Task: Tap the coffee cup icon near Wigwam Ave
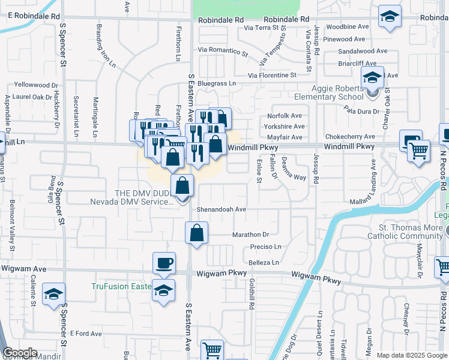164,263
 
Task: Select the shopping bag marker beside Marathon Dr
197,233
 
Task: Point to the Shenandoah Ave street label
222,209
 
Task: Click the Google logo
20,353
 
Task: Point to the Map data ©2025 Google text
412,355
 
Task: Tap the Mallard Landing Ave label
373,178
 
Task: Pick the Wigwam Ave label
24,269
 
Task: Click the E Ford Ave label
86,333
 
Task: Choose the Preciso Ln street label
265,247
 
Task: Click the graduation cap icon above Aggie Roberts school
372,77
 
